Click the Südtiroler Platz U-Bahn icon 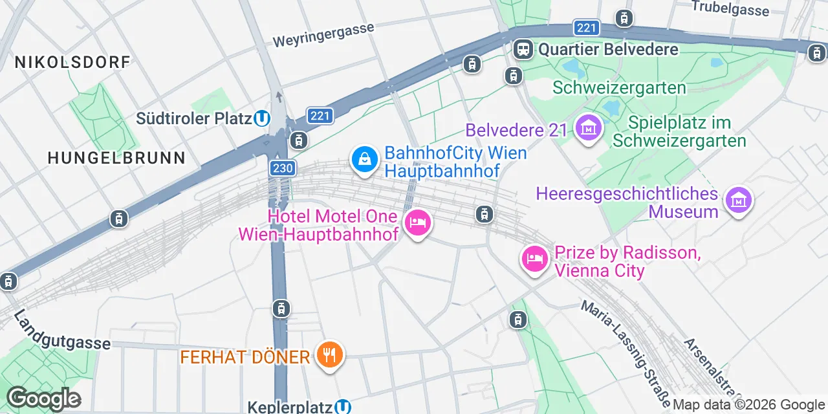pos(261,118)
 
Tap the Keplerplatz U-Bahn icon pos(343,407)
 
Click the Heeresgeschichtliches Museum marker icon pos(738,201)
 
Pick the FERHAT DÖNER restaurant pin pos(330,354)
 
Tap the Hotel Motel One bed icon pos(418,224)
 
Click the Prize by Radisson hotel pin pos(534,260)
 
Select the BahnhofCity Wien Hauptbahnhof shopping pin pos(364,158)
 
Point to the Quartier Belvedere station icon pos(523,49)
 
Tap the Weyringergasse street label pos(323,36)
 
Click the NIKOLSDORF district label pos(72,62)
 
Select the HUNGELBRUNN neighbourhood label pos(116,157)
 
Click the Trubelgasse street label pos(730,8)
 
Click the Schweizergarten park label pos(619,87)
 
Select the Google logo pos(43,398)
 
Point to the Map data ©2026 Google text pos(748,405)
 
